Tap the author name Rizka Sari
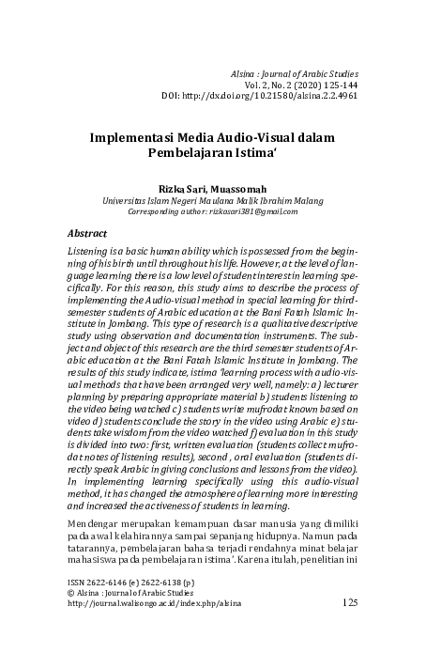click(181, 186)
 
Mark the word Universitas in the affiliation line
click(126, 199)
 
